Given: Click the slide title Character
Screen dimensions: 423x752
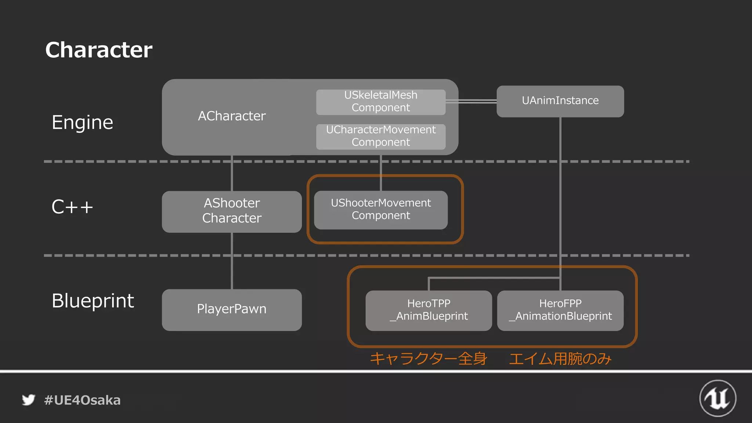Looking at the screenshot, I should pyautogui.click(x=98, y=50).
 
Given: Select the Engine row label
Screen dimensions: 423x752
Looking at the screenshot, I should pyautogui.click(x=82, y=122).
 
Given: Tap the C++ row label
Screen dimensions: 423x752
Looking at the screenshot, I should pyautogui.click(x=72, y=207).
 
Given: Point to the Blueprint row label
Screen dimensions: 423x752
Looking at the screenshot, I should pyautogui.click(x=93, y=301).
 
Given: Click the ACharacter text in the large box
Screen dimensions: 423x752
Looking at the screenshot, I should pyautogui.click(x=232, y=116).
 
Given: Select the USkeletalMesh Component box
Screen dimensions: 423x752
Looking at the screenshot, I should pyautogui.click(x=381, y=102).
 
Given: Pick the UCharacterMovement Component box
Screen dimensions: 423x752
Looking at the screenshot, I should pyautogui.click(x=381, y=136).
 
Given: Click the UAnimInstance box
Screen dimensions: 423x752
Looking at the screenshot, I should pyautogui.click(x=560, y=101).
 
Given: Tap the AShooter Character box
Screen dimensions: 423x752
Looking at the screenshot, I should pyautogui.click(x=232, y=211).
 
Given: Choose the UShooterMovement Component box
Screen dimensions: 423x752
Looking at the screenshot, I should pyautogui.click(x=381, y=210).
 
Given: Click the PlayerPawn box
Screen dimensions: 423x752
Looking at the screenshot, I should pyautogui.click(x=232, y=310).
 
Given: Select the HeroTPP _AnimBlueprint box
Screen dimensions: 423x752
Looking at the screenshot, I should pyautogui.click(x=429, y=310).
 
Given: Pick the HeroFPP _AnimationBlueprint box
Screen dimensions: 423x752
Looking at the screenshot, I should pyautogui.click(x=560, y=310).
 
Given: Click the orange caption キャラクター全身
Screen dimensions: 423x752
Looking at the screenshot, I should pyautogui.click(x=428, y=359).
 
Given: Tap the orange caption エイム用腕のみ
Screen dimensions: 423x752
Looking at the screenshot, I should pyautogui.click(x=560, y=359).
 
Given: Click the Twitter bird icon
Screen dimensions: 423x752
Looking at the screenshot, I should pyautogui.click(x=28, y=400).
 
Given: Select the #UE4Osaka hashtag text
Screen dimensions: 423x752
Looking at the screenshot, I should pyautogui.click(x=82, y=400).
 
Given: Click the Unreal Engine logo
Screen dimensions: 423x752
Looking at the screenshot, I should pyautogui.click(x=717, y=398).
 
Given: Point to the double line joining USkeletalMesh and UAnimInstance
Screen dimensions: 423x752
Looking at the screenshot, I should pyautogui.click(x=471, y=101).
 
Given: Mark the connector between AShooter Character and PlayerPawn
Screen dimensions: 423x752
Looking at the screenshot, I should pyautogui.click(x=232, y=261).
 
